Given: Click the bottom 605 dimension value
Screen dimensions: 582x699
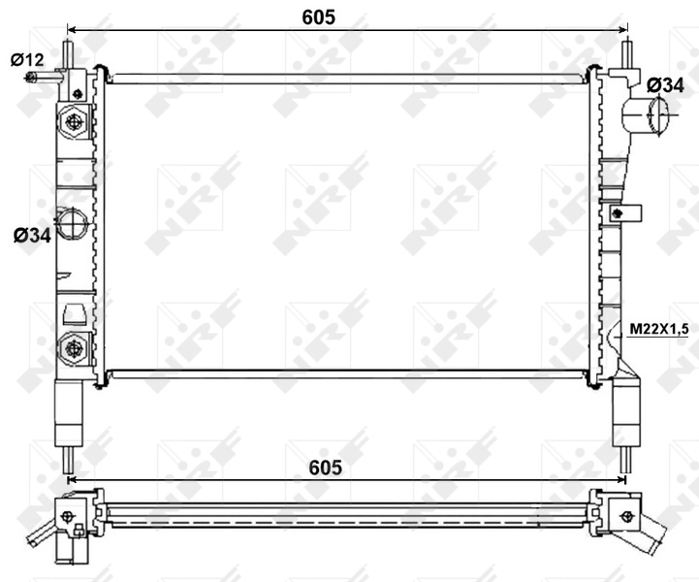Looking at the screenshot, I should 326,468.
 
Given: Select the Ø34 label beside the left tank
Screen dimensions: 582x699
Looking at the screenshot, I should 32,235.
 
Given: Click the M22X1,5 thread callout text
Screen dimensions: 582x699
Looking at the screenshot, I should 658,330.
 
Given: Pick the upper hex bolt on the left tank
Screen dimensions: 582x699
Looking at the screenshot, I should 74,122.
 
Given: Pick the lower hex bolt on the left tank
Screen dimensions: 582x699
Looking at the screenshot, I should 74,346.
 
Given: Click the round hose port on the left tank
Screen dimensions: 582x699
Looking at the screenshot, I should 72,225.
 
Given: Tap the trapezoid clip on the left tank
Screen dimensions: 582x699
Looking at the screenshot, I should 74,312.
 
